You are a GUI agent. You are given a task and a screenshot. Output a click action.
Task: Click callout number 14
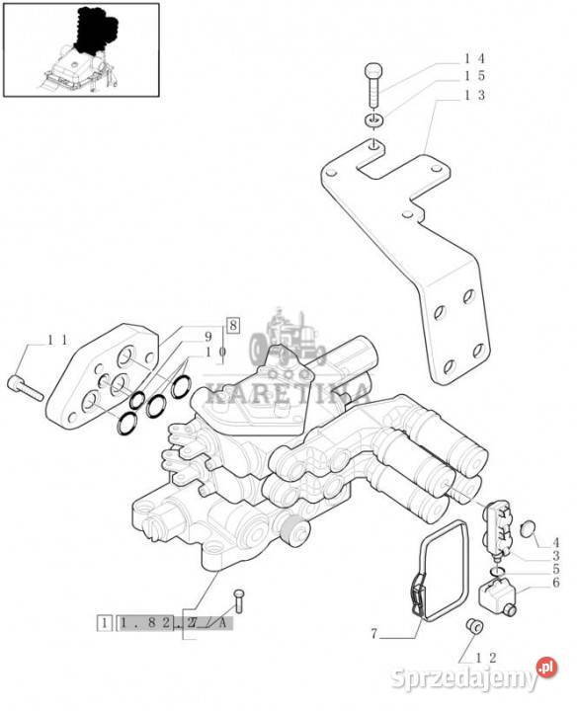click(x=474, y=58)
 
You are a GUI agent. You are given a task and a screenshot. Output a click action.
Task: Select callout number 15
click(x=474, y=76)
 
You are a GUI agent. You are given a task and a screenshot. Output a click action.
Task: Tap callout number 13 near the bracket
click(x=474, y=95)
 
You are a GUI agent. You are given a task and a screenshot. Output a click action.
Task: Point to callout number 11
click(x=58, y=340)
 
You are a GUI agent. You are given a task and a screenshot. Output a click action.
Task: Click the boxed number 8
click(x=233, y=325)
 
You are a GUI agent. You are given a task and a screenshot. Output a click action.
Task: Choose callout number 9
click(x=208, y=337)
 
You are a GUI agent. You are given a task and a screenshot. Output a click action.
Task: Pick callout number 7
click(x=374, y=633)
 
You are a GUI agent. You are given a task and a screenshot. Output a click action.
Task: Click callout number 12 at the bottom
click(x=487, y=657)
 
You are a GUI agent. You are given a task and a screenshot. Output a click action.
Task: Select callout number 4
click(x=555, y=543)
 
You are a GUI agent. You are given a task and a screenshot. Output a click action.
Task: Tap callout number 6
click(x=555, y=583)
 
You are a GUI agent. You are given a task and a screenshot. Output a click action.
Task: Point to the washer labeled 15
click(x=373, y=121)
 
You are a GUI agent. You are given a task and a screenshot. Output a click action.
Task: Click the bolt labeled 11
click(x=26, y=389)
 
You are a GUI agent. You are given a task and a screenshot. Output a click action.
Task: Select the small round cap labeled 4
click(x=529, y=528)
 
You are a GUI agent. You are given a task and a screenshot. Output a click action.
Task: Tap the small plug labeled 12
click(x=475, y=625)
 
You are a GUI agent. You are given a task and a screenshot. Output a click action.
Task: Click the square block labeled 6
click(x=499, y=594)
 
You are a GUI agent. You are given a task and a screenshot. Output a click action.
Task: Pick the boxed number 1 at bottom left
click(x=105, y=623)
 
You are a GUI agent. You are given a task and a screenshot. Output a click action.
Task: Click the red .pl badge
click(x=546, y=668)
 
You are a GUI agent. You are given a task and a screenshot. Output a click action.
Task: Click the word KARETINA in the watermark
click(x=288, y=394)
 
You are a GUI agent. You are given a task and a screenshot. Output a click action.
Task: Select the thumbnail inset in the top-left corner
click(x=82, y=50)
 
